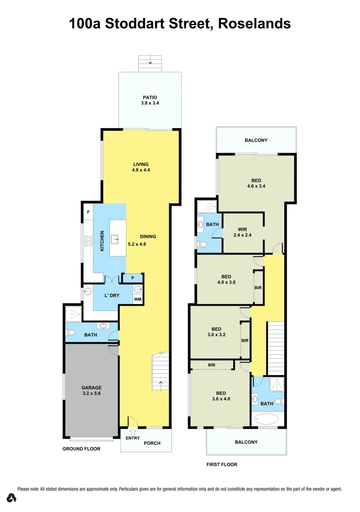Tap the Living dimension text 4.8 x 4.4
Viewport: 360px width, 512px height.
[141, 170]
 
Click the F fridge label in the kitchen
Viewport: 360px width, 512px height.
[88, 212]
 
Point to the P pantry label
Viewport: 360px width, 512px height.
[133, 278]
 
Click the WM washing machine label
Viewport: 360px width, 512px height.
[137, 299]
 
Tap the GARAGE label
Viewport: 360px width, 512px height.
[91, 388]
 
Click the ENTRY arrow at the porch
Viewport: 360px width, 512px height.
[133, 432]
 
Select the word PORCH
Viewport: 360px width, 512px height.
[152, 443]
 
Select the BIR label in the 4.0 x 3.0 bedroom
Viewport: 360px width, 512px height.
[258, 288]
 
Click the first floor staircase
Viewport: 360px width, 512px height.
[276, 348]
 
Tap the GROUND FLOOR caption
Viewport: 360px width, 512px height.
[81, 448]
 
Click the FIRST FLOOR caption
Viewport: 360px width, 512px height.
[222, 465]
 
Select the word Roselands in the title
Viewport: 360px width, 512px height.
[254, 23]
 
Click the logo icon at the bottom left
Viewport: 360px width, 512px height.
[12, 498]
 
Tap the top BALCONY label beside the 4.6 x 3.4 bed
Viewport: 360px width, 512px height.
[256, 140]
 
